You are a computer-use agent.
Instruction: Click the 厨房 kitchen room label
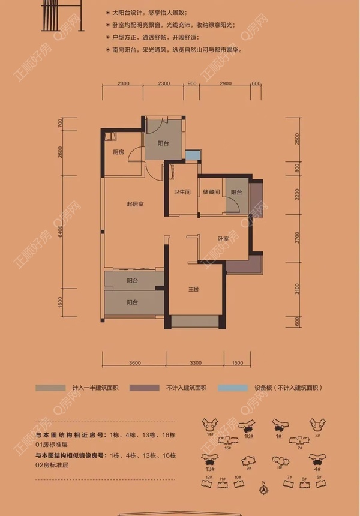pos(118,152)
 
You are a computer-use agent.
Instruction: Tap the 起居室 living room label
pos(135,204)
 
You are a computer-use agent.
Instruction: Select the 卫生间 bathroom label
pos(182,192)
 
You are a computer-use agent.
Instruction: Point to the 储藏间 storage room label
pos(211,192)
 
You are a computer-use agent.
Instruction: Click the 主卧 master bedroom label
pos(193,289)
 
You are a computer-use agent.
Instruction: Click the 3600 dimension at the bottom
pos(134,363)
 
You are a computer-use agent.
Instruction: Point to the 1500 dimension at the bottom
pos(236,363)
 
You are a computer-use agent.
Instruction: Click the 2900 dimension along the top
pos(226,83)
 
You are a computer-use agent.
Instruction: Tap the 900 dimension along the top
pos(192,83)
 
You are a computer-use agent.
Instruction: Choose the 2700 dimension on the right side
pos(296,240)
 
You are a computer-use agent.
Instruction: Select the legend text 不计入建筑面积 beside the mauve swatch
pos(185,388)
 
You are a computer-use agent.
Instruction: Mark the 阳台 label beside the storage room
pos(236,192)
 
